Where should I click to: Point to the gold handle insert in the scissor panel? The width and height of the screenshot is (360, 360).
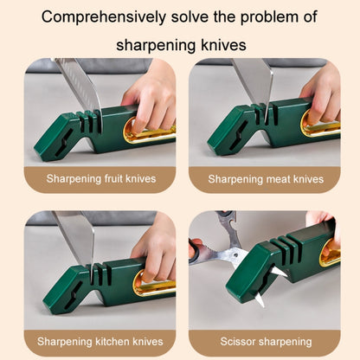[330, 253]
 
